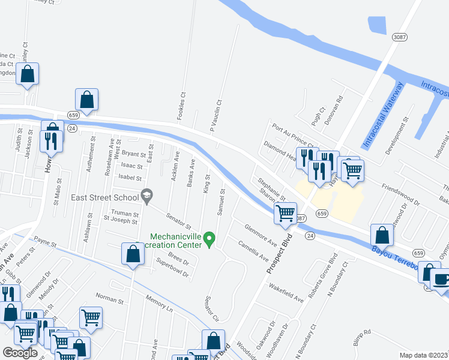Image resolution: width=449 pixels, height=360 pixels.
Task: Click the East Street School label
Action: [x=104, y=197]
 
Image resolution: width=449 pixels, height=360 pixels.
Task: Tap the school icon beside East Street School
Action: [x=146, y=194]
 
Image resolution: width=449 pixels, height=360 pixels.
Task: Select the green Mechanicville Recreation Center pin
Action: [x=209, y=239]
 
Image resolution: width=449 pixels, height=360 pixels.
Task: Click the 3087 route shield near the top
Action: [x=399, y=37]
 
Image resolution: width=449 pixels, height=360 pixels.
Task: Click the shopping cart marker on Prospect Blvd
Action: [x=285, y=213]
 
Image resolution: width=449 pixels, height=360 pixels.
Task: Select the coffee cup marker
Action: [x=442, y=280]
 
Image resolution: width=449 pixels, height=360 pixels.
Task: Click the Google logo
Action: [x=20, y=352]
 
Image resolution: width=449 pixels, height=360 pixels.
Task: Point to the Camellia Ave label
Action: [x=253, y=251]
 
